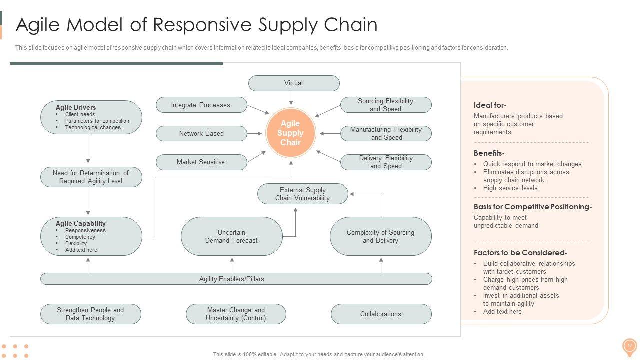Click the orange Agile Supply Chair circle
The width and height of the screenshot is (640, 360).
tap(290, 133)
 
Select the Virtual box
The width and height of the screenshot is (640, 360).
tap(294, 83)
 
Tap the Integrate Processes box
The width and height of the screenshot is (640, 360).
tap(201, 105)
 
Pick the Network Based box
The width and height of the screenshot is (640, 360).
tap(201, 133)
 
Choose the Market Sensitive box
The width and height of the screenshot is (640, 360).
tap(201, 162)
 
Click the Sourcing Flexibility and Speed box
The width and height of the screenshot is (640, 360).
tap(386, 105)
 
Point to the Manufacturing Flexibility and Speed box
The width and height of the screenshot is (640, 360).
tap(386, 133)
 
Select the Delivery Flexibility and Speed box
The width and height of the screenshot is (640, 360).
tap(386, 162)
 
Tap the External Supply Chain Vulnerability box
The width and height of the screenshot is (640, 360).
tap(303, 194)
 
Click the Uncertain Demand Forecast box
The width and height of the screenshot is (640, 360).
tap(231, 236)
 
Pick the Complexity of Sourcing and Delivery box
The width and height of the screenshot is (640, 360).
tap(381, 236)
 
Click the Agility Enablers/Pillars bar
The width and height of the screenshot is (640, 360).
tap(236, 279)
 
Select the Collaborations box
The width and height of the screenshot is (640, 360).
tap(381, 314)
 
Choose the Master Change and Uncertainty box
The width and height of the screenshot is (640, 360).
tap(236, 314)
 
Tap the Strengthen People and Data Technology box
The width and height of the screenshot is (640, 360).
tap(90, 314)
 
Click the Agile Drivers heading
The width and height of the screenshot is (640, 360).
tap(76, 107)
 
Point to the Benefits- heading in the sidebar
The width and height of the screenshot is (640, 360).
tap(489, 153)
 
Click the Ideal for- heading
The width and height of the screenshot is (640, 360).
tap(490, 105)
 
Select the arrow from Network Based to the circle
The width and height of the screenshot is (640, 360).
tap(255, 133)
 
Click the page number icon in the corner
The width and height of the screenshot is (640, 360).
tap(629, 346)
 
